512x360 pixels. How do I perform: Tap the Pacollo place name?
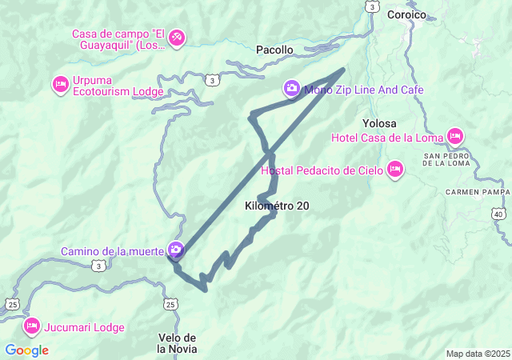coord(274,50)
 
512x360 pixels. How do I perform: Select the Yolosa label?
coord(380,123)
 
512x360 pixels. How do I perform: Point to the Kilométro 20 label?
coord(277,206)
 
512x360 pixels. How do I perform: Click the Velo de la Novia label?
coord(177,343)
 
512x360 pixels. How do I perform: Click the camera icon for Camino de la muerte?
coord(175,250)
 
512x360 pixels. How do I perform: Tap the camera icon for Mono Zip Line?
coord(292,88)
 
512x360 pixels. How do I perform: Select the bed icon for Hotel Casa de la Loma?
coord(455,137)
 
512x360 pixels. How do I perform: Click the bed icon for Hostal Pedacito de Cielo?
coord(394,170)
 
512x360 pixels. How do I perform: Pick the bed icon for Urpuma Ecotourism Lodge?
coord(60,84)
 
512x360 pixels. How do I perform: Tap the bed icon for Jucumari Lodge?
coord(32,326)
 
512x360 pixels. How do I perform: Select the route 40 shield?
coord(499,214)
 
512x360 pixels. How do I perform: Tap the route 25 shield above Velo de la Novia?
coord(170,304)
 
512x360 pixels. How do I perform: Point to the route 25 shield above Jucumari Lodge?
coord(12,304)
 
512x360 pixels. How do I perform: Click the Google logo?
coord(26,350)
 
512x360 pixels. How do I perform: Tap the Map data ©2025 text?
coord(477,354)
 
